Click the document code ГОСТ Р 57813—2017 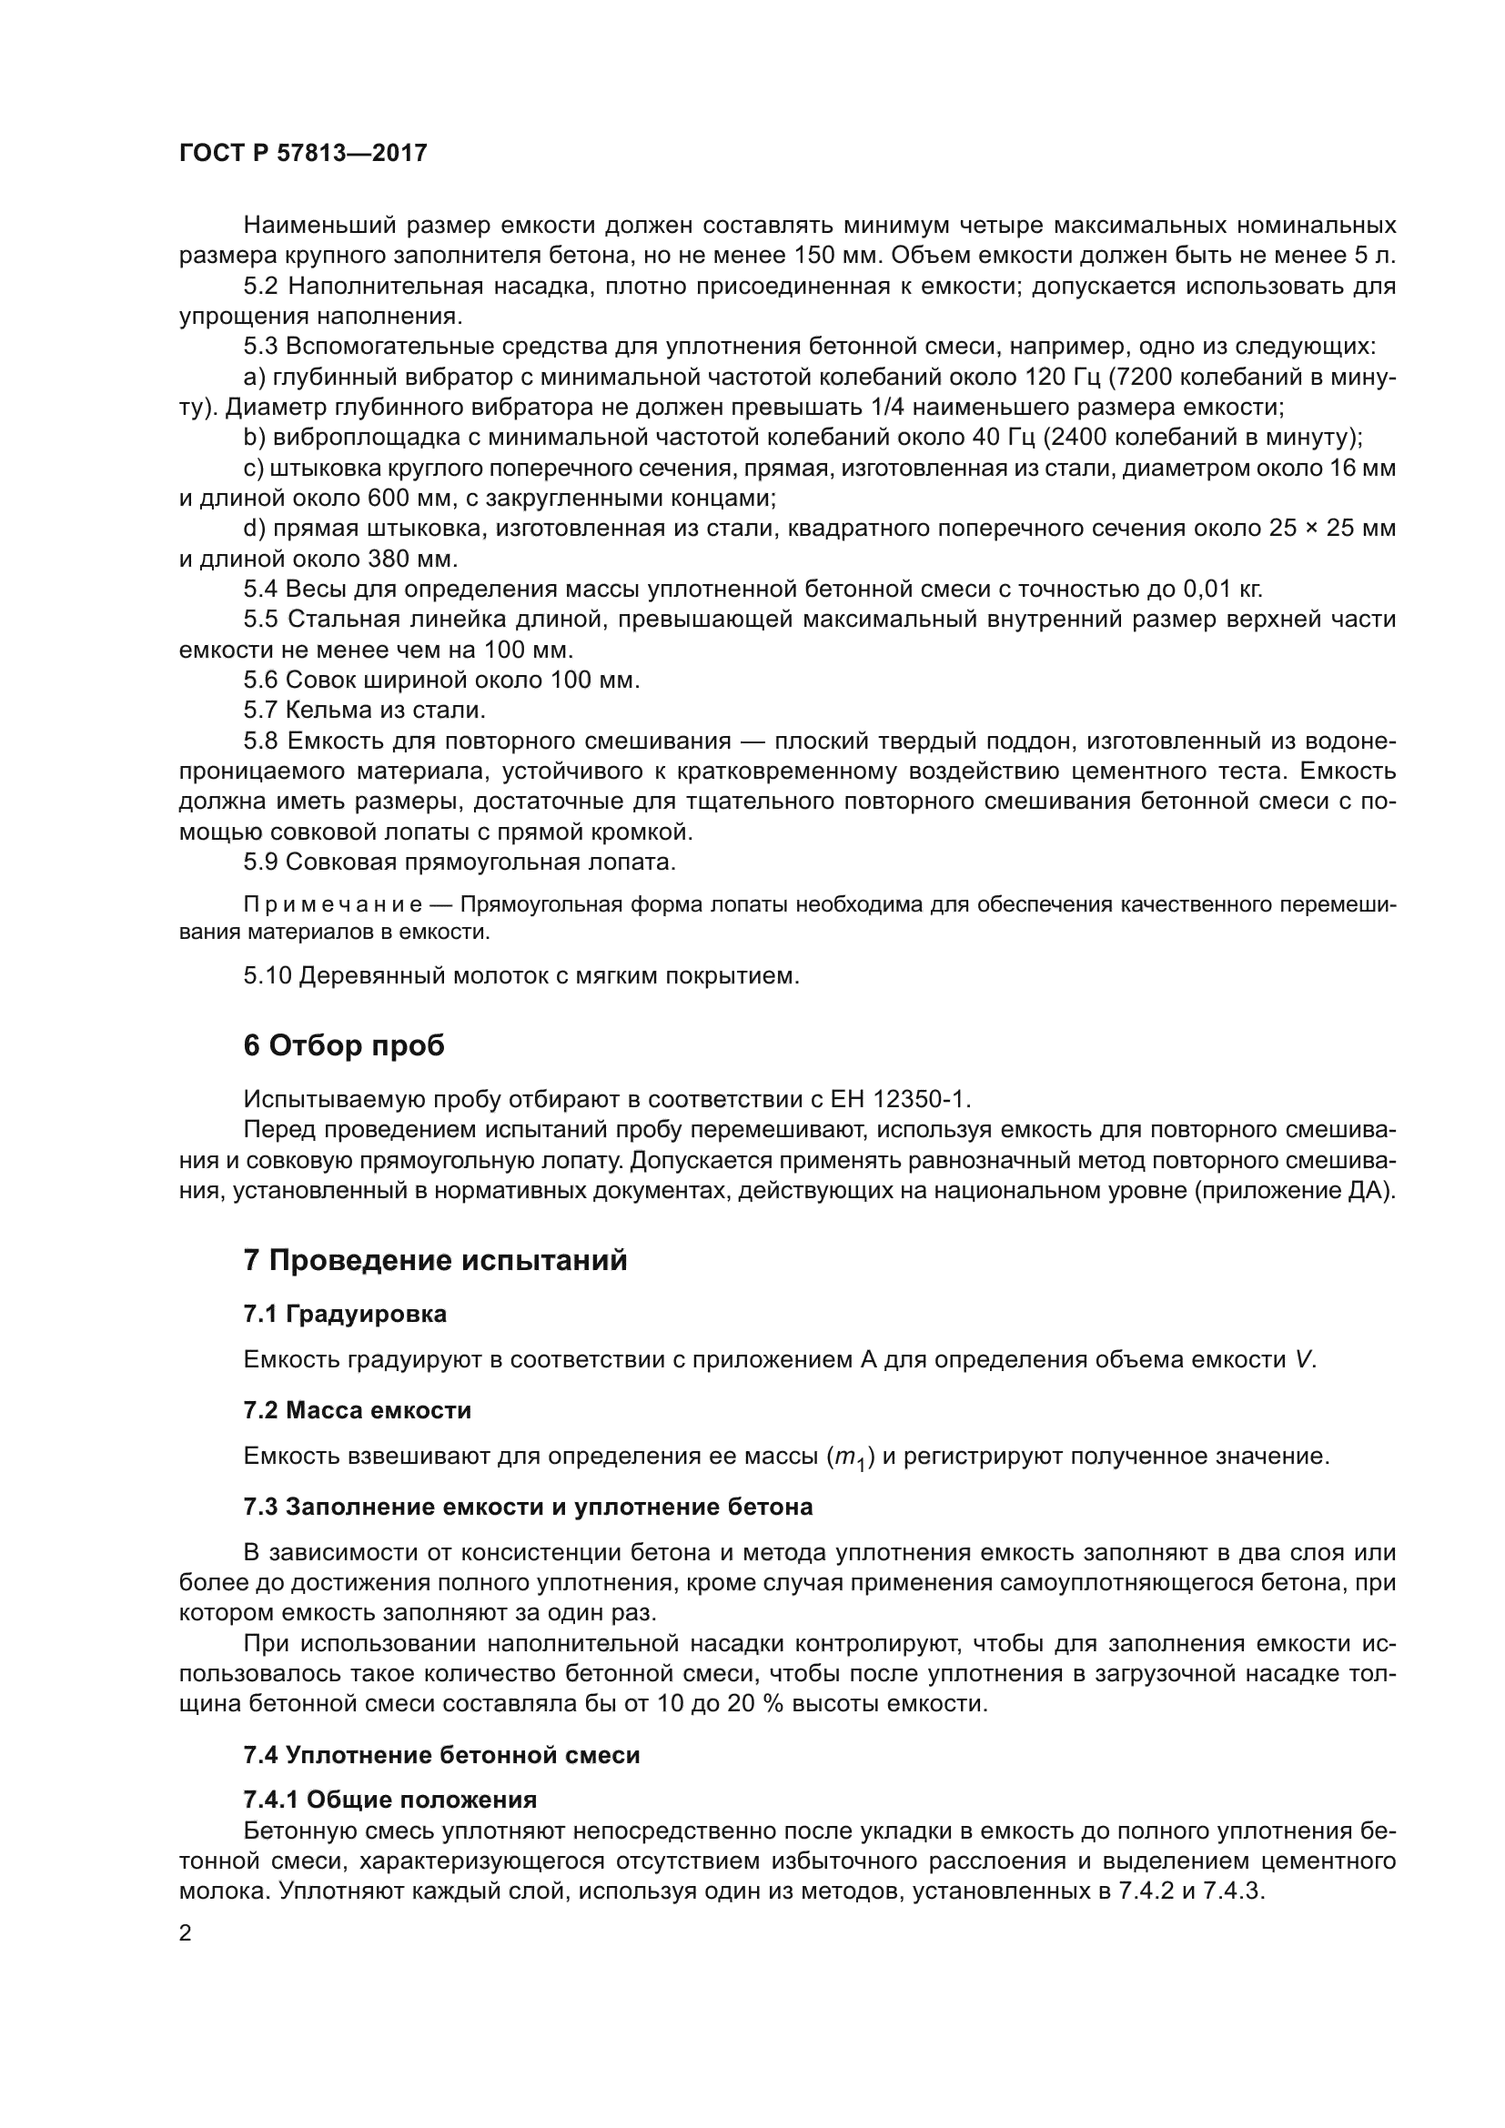click(x=303, y=153)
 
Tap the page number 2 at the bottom click(x=186, y=1934)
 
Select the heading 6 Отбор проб click(x=344, y=1045)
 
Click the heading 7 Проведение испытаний click(x=436, y=1260)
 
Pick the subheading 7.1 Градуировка click(x=345, y=1315)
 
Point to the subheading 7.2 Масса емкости click(x=357, y=1411)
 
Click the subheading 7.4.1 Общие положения click(x=390, y=1800)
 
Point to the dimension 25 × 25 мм click(x=1326, y=529)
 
